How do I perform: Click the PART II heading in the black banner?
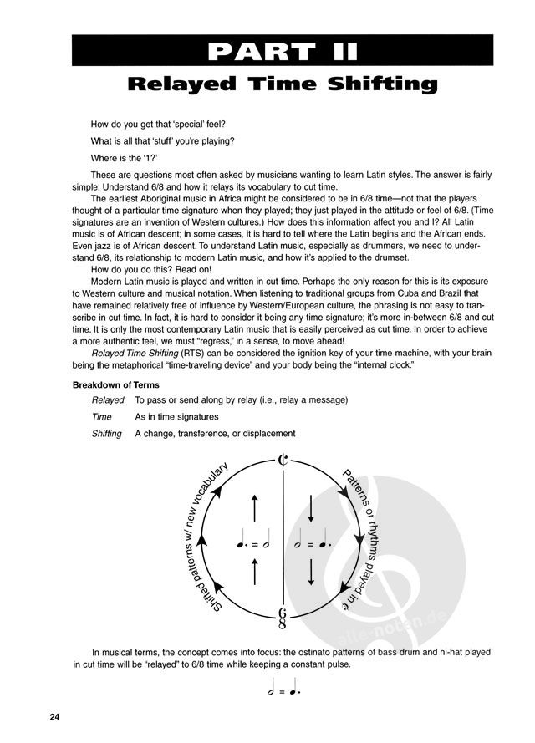click(x=284, y=51)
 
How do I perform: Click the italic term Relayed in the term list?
click(x=108, y=400)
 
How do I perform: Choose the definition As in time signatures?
click(x=176, y=416)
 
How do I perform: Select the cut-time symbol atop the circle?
click(x=284, y=459)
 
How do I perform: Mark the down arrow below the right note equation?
click(x=311, y=573)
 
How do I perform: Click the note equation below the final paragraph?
click(x=284, y=690)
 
